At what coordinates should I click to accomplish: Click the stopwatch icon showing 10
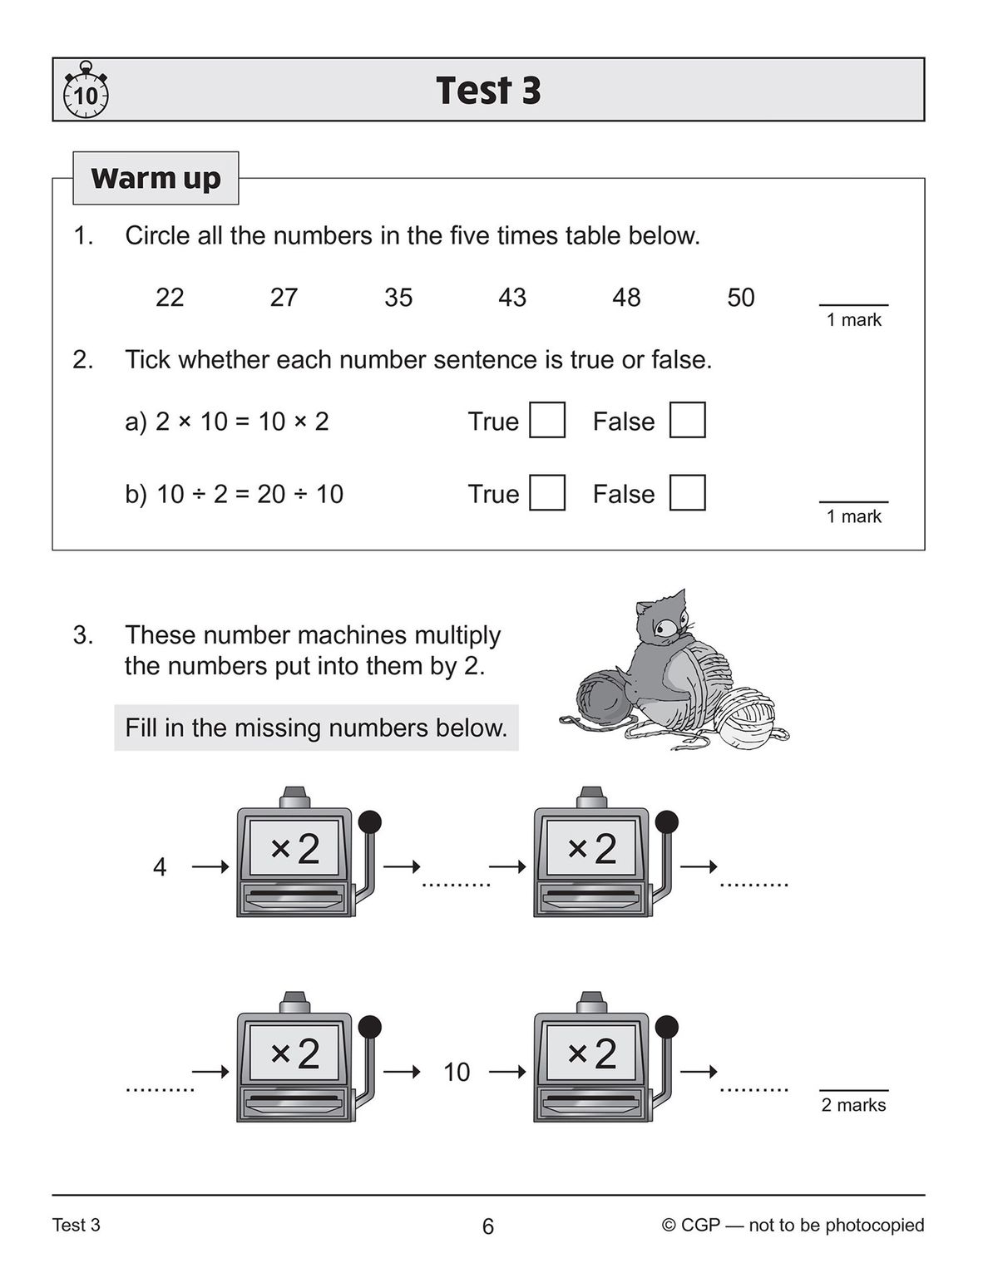[86, 91]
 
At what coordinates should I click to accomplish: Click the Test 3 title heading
[488, 90]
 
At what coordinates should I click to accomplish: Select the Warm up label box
[156, 178]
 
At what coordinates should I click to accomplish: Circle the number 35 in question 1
[398, 297]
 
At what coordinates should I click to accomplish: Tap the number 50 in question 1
[740, 297]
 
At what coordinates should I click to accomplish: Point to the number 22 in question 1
[170, 297]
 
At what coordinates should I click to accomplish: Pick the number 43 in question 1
[512, 297]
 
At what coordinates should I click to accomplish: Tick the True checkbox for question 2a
[547, 420]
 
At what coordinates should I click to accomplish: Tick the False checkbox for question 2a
[687, 420]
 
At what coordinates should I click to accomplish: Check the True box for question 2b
[547, 492]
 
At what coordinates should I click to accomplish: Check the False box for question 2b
[687, 492]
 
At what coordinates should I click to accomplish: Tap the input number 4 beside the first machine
[160, 867]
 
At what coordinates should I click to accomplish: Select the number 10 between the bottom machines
[457, 1073]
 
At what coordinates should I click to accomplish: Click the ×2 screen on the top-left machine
[295, 848]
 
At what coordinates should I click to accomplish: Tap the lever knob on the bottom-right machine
[667, 1027]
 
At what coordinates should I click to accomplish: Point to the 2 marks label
[853, 1105]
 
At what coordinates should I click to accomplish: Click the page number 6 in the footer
[488, 1226]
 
